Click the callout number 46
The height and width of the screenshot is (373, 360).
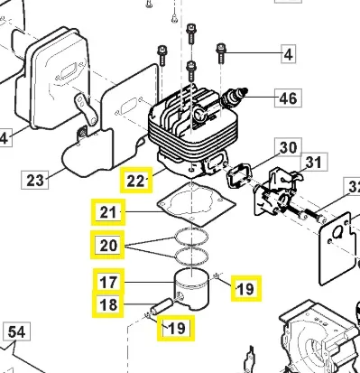click(x=288, y=98)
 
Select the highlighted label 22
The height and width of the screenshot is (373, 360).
click(x=136, y=180)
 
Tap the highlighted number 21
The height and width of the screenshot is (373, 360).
click(x=108, y=212)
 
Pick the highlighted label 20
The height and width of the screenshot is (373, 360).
click(x=107, y=245)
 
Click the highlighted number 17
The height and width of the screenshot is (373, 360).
click(x=108, y=283)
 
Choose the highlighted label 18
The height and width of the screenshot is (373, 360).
click(x=108, y=304)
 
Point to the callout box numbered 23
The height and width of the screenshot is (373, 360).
click(x=35, y=180)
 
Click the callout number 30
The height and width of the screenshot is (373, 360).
click(x=288, y=147)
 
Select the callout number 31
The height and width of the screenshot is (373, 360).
click(x=314, y=162)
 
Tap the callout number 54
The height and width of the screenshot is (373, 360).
click(x=16, y=331)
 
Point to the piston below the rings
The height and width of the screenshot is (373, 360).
click(x=192, y=289)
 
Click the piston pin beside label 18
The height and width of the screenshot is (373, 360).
click(x=162, y=306)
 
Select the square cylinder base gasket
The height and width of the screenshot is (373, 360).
click(x=196, y=205)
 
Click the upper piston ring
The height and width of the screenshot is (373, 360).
click(x=191, y=237)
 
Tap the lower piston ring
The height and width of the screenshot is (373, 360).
click(x=191, y=256)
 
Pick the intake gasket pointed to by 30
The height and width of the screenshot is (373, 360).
click(x=238, y=175)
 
